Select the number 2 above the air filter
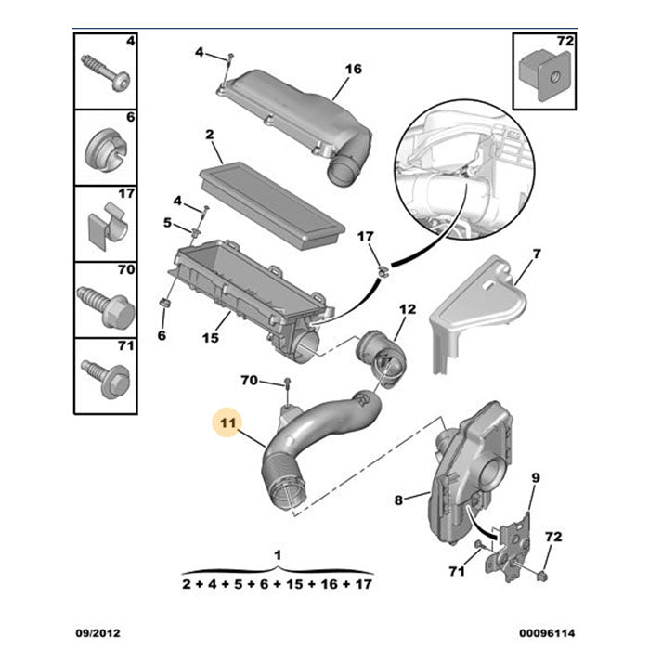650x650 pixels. click(210, 136)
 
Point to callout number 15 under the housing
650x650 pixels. click(211, 338)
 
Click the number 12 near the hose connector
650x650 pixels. click(408, 308)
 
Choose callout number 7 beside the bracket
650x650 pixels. click(536, 254)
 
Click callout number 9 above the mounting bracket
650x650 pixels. click(535, 478)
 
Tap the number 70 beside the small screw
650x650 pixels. click(249, 381)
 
